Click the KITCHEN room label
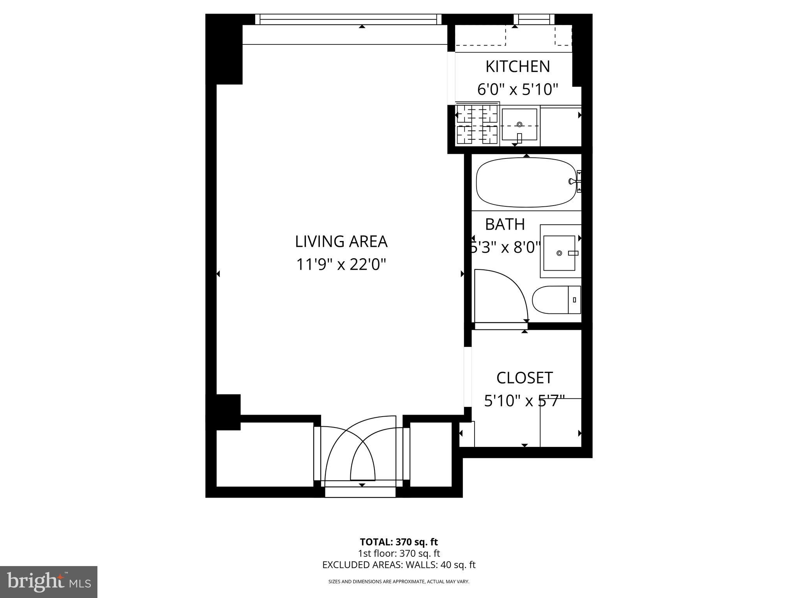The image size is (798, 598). pos(517,67)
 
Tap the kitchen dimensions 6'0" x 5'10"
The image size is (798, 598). pos(518,90)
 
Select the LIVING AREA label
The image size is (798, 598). pos(341,241)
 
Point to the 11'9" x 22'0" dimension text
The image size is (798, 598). pos(341,265)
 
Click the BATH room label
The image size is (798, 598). pos(505,224)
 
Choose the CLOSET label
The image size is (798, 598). pos(524,378)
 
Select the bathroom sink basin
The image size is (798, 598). pos(560,253)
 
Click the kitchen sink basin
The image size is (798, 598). pos(519,125)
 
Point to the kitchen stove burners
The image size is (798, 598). pos(477,125)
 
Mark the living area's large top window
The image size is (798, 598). pos(348,19)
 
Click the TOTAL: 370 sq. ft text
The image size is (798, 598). pos(399,542)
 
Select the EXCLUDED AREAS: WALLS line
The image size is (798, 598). pos(399,565)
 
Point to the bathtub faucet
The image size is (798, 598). pos(573,181)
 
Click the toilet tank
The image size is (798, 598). pos(574,299)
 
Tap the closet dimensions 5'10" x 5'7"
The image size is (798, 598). pos(524,401)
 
